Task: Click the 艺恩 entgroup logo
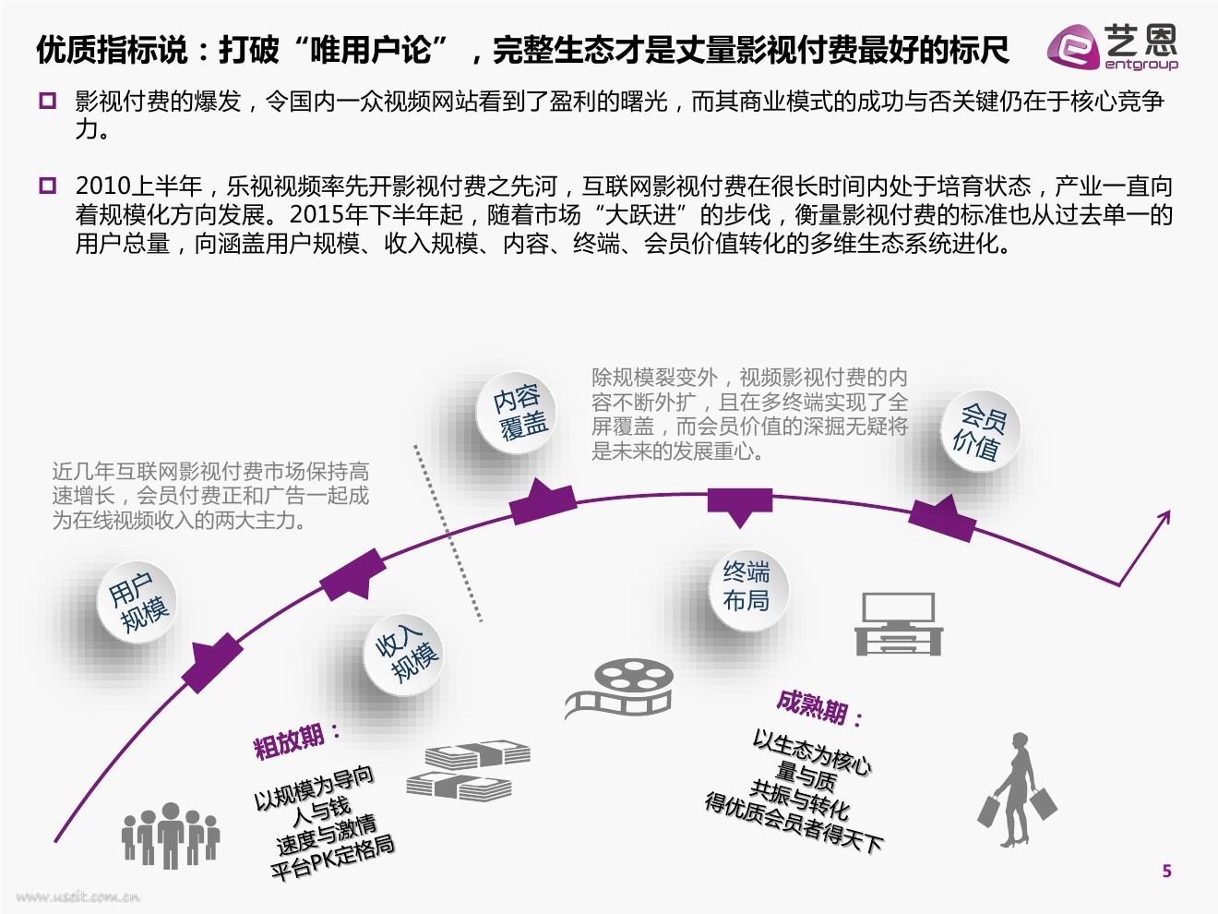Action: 1113,46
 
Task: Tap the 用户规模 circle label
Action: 139,602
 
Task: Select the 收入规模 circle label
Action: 407,653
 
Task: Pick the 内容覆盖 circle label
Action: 519,412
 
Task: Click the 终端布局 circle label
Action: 746,586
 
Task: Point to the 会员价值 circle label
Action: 979,432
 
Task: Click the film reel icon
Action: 620,689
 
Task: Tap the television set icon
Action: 898,624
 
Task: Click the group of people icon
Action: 171,834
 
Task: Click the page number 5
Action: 1166,871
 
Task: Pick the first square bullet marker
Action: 48,101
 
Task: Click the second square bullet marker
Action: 48,186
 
